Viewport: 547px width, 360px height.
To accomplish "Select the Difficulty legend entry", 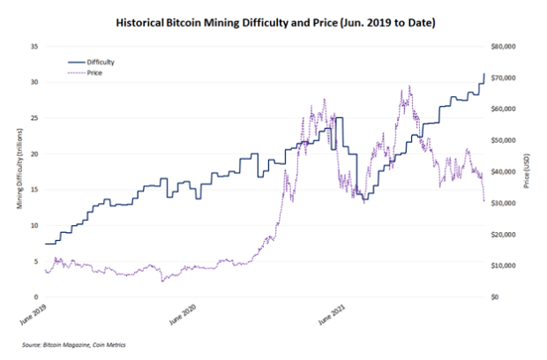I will tap(101, 63).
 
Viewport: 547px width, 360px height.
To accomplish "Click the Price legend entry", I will tap(95, 74).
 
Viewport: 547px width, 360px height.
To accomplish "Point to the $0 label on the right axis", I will tap(499, 296).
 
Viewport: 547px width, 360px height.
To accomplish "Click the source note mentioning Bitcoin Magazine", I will tap(74, 344).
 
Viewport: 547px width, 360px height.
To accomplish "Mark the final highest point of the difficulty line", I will tap(484, 74).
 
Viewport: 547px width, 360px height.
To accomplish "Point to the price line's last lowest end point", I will tap(484, 202).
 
